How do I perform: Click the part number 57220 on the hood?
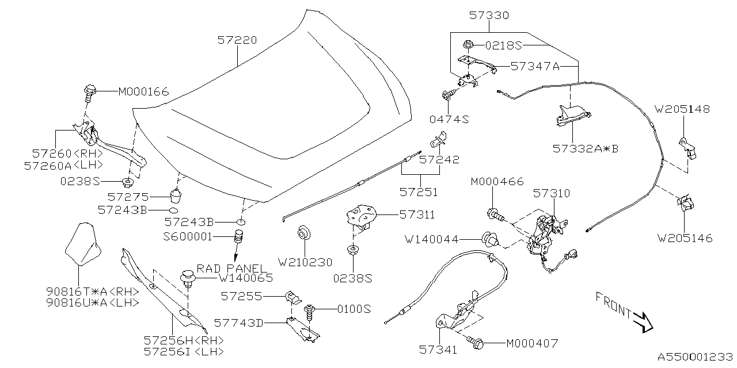tap(237, 40)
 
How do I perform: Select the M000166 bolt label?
tap(143, 91)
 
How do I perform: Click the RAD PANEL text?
tap(232, 269)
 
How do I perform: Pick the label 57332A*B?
tap(585, 148)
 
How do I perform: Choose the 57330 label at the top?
tap(488, 16)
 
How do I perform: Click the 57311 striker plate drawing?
tap(361, 217)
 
